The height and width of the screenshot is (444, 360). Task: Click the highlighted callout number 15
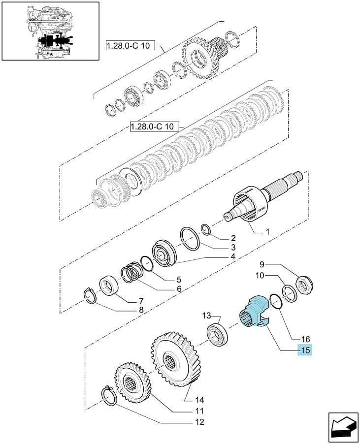point(304,350)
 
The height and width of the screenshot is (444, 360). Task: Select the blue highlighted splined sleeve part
point(254,312)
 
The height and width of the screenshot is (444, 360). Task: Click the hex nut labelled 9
point(304,285)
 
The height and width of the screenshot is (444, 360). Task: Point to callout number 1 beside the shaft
point(267,232)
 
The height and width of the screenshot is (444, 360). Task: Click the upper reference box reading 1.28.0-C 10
point(131,45)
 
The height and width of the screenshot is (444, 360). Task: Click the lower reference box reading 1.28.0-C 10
point(155,127)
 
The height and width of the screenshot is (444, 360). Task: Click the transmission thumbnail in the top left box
point(50,31)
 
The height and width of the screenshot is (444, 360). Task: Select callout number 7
point(141,301)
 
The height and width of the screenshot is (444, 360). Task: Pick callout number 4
point(233,257)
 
